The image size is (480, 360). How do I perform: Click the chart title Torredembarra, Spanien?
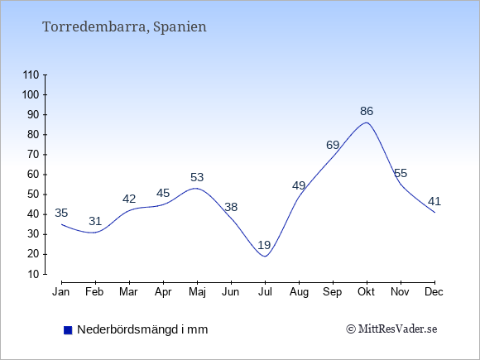(x=124, y=27)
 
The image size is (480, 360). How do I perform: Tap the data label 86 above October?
(x=367, y=111)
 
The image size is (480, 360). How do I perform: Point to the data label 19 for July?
(x=264, y=245)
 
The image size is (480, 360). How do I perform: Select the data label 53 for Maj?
(x=197, y=177)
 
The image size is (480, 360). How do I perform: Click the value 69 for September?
(x=333, y=145)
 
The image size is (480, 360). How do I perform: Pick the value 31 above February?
(x=95, y=221)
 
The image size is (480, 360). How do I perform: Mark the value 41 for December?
(x=434, y=201)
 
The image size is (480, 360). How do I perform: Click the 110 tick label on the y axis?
(x=31, y=75)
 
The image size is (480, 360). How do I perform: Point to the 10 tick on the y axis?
(x=33, y=274)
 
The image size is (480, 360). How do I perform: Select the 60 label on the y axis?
(x=33, y=175)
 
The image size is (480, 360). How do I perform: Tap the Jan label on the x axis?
(x=61, y=292)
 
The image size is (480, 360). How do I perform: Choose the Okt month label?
(x=366, y=292)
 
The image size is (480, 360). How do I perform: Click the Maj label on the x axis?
(x=197, y=292)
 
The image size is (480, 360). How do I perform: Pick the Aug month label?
(x=299, y=292)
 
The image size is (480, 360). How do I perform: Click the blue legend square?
(x=68, y=330)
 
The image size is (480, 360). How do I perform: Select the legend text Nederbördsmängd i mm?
(x=142, y=329)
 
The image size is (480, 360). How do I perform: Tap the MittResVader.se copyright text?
(x=391, y=329)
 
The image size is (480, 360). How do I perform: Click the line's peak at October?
(x=367, y=122)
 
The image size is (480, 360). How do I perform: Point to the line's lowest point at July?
(x=265, y=257)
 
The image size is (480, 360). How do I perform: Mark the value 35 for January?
(x=61, y=213)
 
